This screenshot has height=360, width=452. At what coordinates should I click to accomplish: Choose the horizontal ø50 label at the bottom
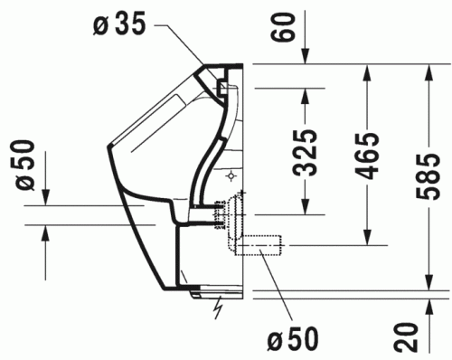[293, 340]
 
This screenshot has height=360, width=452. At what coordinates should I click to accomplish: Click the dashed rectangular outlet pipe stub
[263, 245]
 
